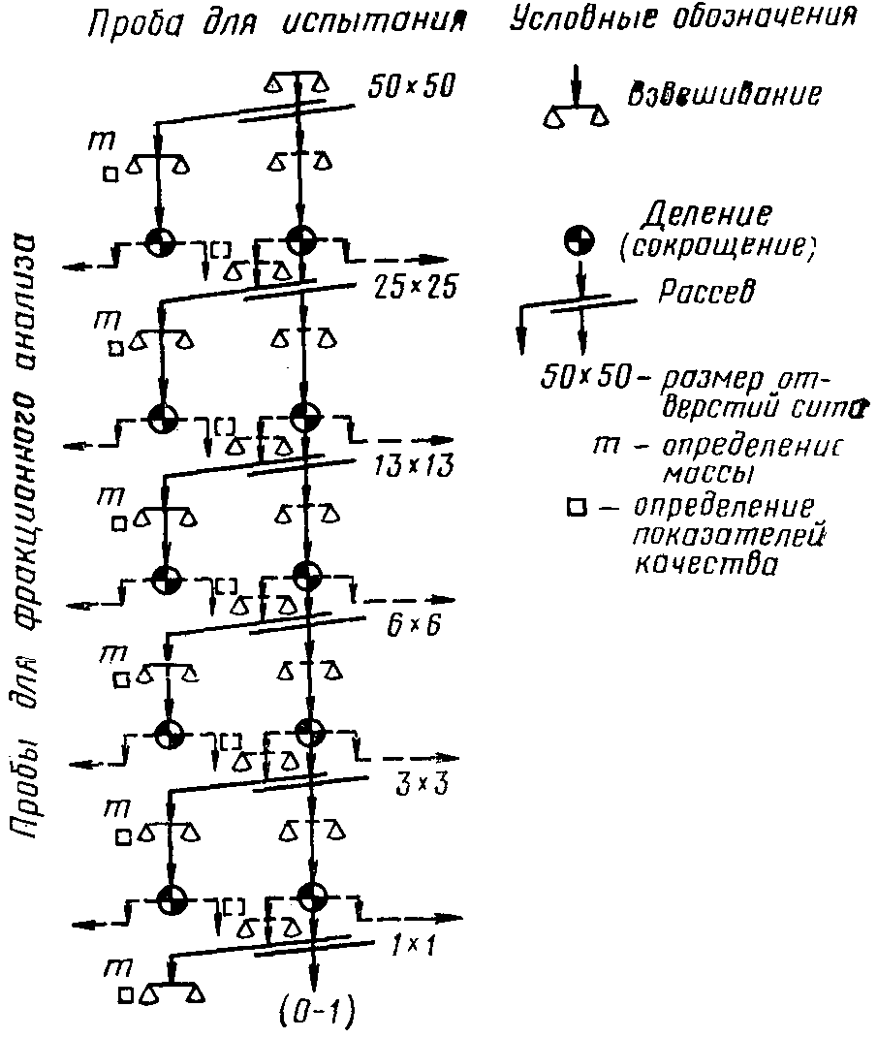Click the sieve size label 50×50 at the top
[x=411, y=88]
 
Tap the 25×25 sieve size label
[x=409, y=288]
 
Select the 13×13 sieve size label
[x=410, y=465]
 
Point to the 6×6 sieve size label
[x=413, y=624]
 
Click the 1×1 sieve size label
[x=413, y=944]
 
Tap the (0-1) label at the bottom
[x=317, y=1014]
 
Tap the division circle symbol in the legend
[x=579, y=241]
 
